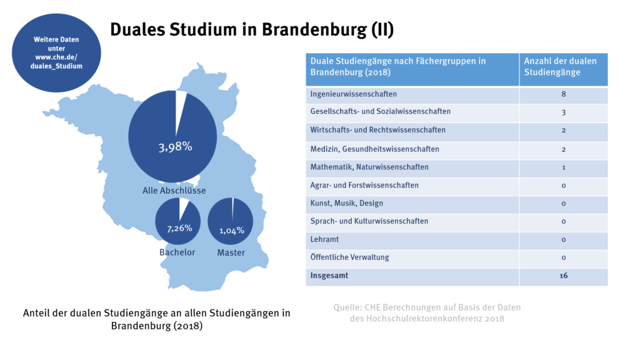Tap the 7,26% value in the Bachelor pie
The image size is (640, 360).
179,228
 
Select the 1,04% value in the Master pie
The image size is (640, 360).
231,231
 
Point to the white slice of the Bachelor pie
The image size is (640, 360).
184,207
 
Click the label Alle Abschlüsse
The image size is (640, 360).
174,190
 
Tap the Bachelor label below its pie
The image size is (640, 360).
177,252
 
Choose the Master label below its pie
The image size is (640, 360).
231,252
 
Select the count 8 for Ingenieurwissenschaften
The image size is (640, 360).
563,94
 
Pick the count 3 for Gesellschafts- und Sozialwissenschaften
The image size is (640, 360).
563,112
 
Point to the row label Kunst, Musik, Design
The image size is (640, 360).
347,203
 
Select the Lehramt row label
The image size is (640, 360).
324,239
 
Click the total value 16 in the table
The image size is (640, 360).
563,276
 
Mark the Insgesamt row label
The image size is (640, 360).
330,276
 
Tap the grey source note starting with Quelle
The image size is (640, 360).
427,312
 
